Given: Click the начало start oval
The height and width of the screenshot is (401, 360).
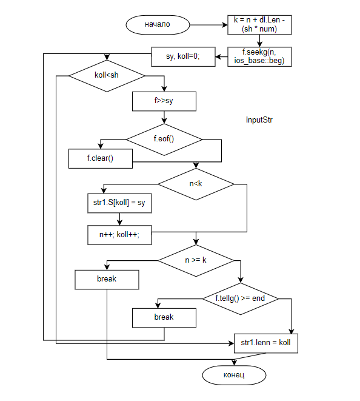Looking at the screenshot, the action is (x=158, y=25).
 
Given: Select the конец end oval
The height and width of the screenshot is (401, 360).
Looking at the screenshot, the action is (x=234, y=375).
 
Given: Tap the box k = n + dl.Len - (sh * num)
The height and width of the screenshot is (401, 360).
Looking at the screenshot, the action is (x=259, y=25).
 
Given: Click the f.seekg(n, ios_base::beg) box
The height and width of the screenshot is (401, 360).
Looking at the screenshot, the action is (x=259, y=56).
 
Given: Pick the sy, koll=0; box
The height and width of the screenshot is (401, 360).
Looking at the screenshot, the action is (x=183, y=56).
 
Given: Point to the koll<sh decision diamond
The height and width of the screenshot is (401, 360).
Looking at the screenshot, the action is (x=107, y=76).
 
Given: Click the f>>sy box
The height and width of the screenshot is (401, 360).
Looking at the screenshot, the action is (x=164, y=101).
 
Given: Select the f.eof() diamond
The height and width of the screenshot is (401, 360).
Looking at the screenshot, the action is (x=164, y=140).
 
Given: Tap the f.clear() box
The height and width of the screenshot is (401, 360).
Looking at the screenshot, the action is (x=101, y=158).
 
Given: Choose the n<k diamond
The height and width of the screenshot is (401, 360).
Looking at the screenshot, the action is (x=196, y=184).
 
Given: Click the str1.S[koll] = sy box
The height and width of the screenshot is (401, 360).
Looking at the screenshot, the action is (x=119, y=203).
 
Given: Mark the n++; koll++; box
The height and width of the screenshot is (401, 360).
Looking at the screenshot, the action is (x=119, y=235).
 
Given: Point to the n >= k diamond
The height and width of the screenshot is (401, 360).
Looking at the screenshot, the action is (x=196, y=261).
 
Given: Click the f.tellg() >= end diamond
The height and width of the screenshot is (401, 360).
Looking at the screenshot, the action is (x=241, y=298).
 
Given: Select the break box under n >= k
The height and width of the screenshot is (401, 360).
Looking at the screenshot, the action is (x=107, y=280).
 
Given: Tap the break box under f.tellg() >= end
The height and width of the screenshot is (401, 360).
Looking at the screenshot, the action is (x=164, y=318).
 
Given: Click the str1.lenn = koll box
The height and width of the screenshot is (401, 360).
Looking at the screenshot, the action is (x=266, y=343).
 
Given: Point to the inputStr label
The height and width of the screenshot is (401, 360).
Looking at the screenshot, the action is (x=259, y=120).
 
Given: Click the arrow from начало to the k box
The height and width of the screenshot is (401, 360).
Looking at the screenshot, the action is (x=208, y=25).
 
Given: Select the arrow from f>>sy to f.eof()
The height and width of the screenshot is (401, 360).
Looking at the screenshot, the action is (x=164, y=117).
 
